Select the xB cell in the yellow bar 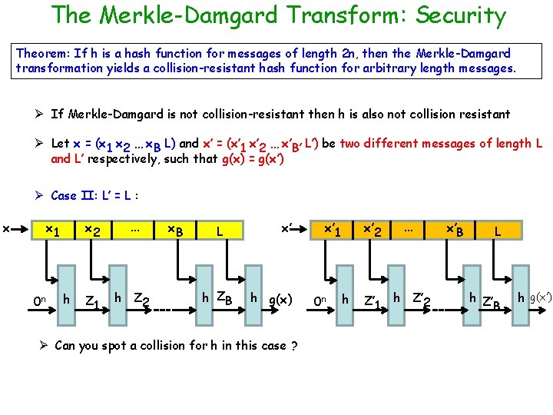click(176, 230)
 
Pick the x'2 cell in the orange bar click(373, 230)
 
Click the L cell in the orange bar click(498, 230)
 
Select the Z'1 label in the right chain click(373, 300)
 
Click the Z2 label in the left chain click(141, 299)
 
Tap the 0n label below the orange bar click(323, 300)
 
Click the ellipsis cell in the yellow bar click(134, 229)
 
